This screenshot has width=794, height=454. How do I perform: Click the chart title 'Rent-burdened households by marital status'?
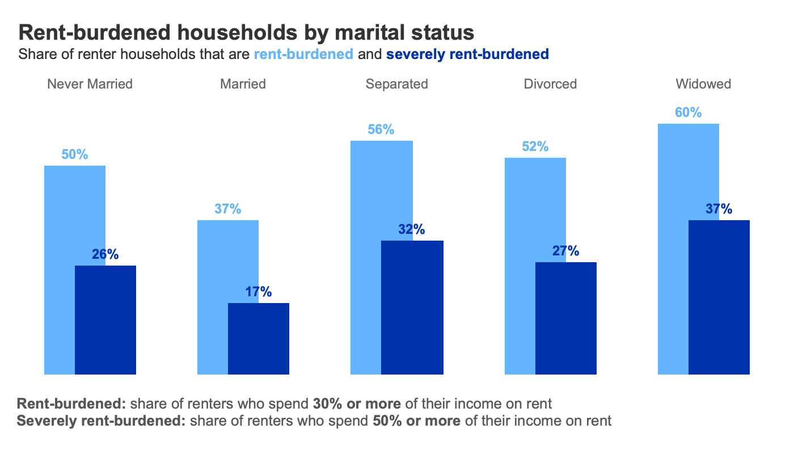click(x=246, y=32)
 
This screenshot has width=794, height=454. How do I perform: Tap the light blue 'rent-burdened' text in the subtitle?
click(x=304, y=54)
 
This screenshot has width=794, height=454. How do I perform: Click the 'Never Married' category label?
click(x=90, y=84)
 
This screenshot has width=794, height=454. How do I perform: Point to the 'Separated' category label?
click(x=396, y=84)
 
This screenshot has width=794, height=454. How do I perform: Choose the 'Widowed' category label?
click(x=703, y=84)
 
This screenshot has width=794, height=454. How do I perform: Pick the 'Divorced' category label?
click(x=550, y=84)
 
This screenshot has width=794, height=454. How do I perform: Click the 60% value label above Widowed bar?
click(x=688, y=112)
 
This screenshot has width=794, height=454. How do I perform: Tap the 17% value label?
click(x=259, y=292)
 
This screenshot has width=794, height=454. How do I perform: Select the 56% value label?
click(x=381, y=129)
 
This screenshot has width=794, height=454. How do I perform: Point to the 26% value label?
click(x=105, y=255)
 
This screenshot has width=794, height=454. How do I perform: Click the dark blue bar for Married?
click(x=259, y=339)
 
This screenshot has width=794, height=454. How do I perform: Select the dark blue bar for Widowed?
click(x=719, y=297)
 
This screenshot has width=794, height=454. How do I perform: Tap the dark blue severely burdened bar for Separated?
click(x=412, y=308)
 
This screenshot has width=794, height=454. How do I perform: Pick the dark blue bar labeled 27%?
click(x=565, y=318)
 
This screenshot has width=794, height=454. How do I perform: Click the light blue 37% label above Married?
click(x=228, y=209)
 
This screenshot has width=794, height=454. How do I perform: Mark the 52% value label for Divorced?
click(x=535, y=146)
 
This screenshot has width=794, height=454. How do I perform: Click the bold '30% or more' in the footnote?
click(x=357, y=404)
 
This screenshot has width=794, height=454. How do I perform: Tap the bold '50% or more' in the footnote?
click(x=416, y=421)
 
